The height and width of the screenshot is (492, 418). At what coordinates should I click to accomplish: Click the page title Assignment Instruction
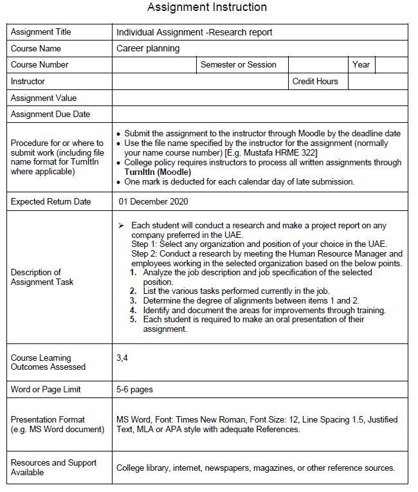(x=206, y=8)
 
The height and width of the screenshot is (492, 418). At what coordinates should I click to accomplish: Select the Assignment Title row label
(x=41, y=32)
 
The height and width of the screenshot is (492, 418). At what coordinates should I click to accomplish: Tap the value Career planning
(x=148, y=48)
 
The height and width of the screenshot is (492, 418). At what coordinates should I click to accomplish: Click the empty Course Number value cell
(x=154, y=65)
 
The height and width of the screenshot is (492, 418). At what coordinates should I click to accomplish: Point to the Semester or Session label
(x=238, y=65)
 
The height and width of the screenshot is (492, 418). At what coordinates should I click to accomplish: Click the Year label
(x=361, y=65)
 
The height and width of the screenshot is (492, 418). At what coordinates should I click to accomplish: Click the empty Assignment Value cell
(x=260, y=98)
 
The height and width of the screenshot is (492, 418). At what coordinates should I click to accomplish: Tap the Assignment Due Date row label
(x=50, y=114)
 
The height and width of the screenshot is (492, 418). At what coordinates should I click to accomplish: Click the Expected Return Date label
(x=51, y=202)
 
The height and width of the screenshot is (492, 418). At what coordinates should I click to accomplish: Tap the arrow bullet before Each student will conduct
(x=121, y=226)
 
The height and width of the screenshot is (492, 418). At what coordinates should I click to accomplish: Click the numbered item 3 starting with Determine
(x=251, y=300)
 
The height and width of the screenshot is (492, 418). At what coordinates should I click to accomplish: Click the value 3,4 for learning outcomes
(x=122, y=358)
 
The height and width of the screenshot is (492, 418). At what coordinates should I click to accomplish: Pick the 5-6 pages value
(x=134, y=390)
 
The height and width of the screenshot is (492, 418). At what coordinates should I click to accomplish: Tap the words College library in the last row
(x=143, y=468)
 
